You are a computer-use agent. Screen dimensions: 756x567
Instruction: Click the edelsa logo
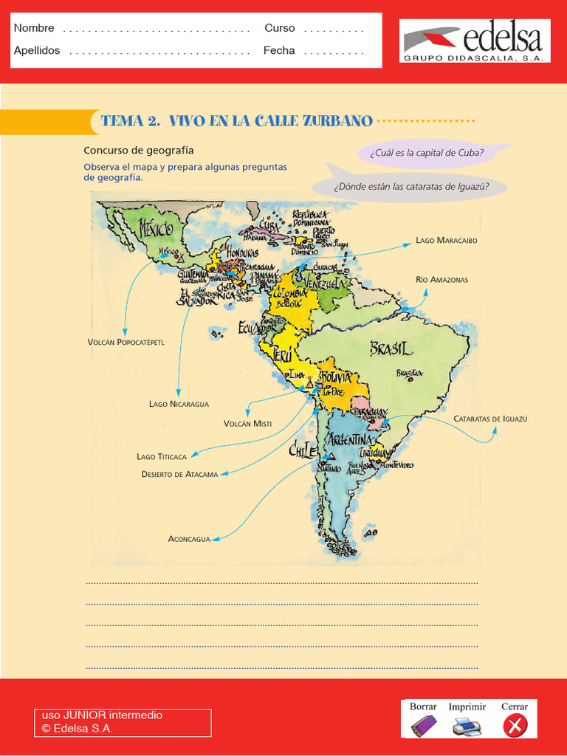tap(475, 41)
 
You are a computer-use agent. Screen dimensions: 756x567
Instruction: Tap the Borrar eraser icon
tap(424, 726)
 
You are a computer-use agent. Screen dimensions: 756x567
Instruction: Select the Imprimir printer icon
tap(467, 726)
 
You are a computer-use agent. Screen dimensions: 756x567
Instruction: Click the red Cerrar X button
tap(515, 726)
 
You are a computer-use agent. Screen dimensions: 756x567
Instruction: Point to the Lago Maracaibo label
tap(447, 241)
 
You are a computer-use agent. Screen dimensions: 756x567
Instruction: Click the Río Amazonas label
tap(441, 280)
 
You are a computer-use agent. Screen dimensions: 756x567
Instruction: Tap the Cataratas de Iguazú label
tap(491, 419)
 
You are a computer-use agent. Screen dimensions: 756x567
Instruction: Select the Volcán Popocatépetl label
tap(126, 343)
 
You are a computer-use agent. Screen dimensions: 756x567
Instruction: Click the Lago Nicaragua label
tap(179, 404)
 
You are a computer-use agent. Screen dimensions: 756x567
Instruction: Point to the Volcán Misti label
tap(247, 424)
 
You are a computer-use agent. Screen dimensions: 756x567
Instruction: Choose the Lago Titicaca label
tap(162, 457)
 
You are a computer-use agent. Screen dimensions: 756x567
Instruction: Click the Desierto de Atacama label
tap(179, 474)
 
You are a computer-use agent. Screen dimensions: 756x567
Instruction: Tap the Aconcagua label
tap(189, 539)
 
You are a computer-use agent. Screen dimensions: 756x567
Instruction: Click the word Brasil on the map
tap(391, 348)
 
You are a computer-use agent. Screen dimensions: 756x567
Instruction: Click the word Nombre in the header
tap(34, 28)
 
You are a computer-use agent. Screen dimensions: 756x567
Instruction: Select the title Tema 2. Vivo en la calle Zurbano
tap(236, 121)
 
